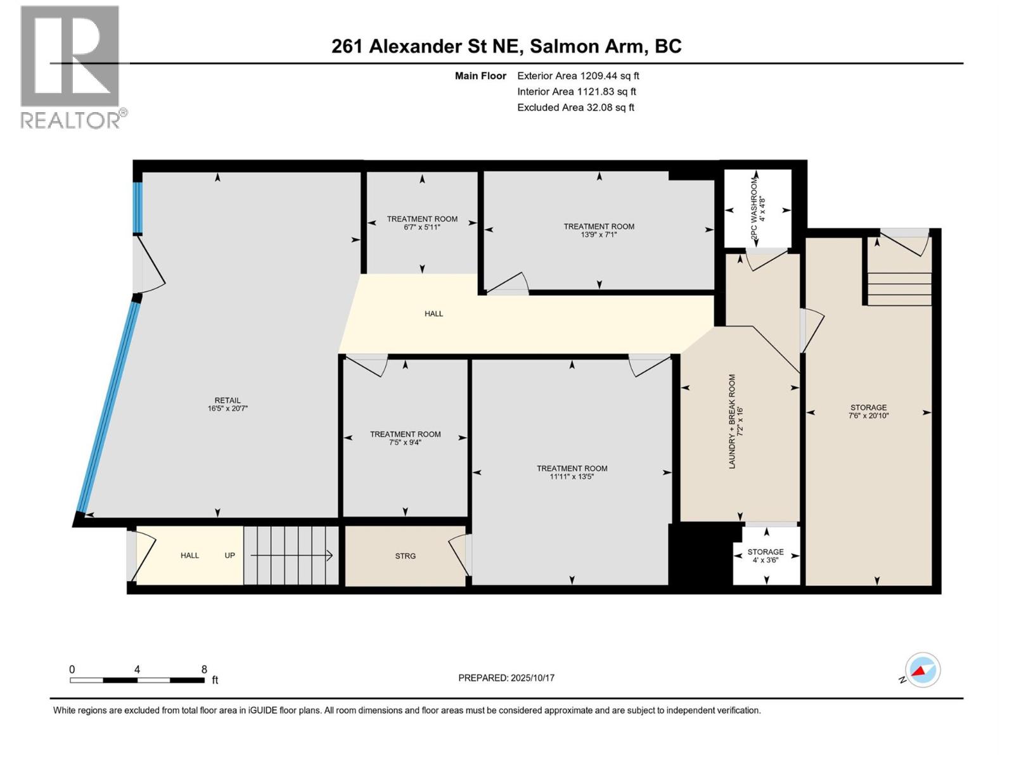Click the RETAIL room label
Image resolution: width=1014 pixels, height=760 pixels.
227,400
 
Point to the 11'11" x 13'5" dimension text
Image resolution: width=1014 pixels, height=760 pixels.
572,477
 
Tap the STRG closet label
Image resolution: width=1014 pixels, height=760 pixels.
405,556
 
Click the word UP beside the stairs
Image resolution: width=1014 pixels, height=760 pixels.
229,555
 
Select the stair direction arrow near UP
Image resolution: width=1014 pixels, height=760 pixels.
292,555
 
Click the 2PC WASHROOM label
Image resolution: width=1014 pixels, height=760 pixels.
757,210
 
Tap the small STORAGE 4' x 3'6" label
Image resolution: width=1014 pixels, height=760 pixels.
765,555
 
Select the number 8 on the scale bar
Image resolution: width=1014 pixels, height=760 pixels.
204,669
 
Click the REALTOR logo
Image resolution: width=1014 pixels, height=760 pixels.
71,66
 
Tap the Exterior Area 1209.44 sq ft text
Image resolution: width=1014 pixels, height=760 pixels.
578,76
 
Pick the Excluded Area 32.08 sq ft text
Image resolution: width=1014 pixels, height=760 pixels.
575,108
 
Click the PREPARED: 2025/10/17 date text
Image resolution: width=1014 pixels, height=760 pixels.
506,678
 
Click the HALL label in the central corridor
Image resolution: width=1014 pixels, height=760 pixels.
433,313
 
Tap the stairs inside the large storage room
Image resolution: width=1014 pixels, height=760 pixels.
899,288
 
